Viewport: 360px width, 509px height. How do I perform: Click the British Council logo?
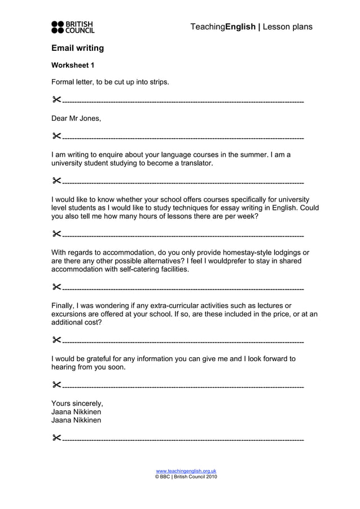pos(73,27)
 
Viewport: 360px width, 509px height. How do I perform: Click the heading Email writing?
pos(77,48)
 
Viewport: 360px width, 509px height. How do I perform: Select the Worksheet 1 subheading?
pos(73,65)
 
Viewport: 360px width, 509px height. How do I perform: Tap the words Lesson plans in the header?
pos(287,27)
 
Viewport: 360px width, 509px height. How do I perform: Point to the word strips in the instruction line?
pos(157,82)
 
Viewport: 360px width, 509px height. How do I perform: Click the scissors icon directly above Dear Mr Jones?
pos(56,100)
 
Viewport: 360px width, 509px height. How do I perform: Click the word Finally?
pos(63,305)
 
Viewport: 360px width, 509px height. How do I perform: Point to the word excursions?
pos(70,314)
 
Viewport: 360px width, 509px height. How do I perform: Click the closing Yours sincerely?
pos(77,403)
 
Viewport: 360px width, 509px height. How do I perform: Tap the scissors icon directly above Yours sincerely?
pos(56,385)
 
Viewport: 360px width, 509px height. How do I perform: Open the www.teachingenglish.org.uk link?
pos(186,471)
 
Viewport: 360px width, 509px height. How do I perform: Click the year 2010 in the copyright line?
pos(210,477)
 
